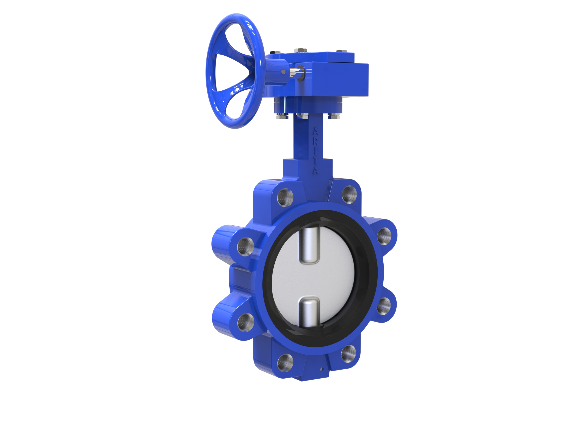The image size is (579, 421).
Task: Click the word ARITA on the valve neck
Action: pyautogui.click(x=315, y=151)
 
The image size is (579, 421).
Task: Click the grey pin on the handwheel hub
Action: pyautogui.click(x=283, y=72)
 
